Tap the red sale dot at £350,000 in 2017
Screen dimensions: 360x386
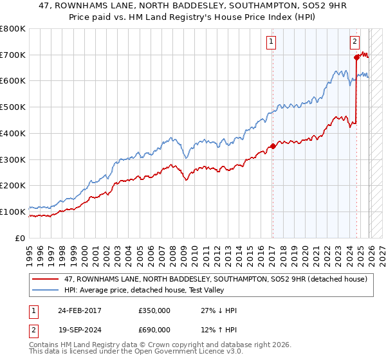(272, 146)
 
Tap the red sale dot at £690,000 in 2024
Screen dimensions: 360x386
(356, 57)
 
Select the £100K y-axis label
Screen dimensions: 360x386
(13, 212)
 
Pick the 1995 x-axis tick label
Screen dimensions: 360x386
(30, 253)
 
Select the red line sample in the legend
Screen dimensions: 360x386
(46, 279)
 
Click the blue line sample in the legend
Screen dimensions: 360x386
(46, 290)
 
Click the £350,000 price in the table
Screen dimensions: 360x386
(154, 310)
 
